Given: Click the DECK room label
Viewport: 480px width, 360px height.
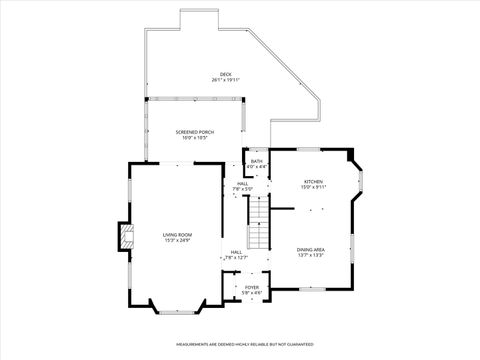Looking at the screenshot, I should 226,74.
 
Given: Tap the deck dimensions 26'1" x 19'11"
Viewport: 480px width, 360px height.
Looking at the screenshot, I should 226,80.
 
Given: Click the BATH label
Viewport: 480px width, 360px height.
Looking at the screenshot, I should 256,161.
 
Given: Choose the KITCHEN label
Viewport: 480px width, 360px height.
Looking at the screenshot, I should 313,181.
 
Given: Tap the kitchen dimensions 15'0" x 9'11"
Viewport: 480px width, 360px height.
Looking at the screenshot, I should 313,187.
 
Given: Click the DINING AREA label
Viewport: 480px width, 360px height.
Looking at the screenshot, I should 310,248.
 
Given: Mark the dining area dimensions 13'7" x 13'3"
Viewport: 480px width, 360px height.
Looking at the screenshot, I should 310,254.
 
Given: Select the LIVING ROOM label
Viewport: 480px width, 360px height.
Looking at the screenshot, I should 177,235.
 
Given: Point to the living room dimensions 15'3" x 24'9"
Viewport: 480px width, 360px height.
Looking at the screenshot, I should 177,241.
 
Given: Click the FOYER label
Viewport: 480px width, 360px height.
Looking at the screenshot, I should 252,287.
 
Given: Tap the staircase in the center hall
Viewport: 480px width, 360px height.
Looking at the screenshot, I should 260,225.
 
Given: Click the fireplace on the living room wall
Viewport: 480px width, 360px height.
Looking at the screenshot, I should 125,236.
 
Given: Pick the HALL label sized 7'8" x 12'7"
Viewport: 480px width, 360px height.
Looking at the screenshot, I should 236,252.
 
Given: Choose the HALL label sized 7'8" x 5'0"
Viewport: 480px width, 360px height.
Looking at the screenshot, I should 243,183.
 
